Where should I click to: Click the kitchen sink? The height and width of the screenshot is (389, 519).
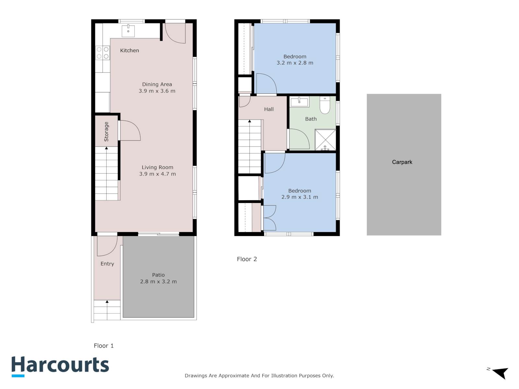tap(128, 31)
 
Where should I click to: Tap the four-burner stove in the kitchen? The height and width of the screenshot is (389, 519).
tap(103, 53)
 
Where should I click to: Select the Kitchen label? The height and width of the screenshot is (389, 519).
tap(129, 50)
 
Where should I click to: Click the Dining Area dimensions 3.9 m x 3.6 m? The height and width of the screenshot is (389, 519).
tap(157, 91)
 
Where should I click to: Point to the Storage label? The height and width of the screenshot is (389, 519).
tap(106, 132)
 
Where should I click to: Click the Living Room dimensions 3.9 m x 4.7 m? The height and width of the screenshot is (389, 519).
tap(157, 174)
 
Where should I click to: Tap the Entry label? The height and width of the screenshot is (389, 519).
tap(107, 264)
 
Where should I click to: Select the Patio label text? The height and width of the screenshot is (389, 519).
tap(158, 275)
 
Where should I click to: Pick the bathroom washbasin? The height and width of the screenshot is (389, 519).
tap(299, 102)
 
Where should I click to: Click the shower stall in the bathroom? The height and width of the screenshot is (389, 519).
tap(325, 140)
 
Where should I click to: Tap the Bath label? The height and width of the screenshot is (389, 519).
tap(311, 119)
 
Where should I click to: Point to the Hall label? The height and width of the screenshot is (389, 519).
tap(269, 109)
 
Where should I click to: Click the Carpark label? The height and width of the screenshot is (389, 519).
tap(402, 162)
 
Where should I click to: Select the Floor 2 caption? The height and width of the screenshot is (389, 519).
tap(247, 259)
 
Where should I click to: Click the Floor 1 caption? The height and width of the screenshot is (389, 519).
tap(104, 346)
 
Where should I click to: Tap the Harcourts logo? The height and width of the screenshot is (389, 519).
tap(60, 367)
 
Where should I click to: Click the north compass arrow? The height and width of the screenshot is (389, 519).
tap(501, 373)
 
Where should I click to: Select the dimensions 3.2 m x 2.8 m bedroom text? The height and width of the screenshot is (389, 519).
tap(295, 63)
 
